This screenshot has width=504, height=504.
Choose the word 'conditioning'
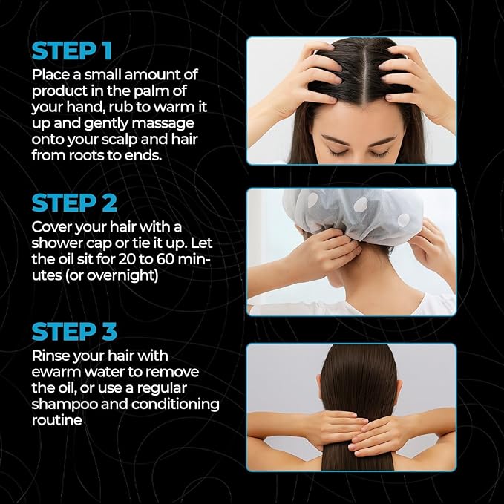[x=179, y=404]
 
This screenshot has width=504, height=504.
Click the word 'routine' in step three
[x=56, y=419]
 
